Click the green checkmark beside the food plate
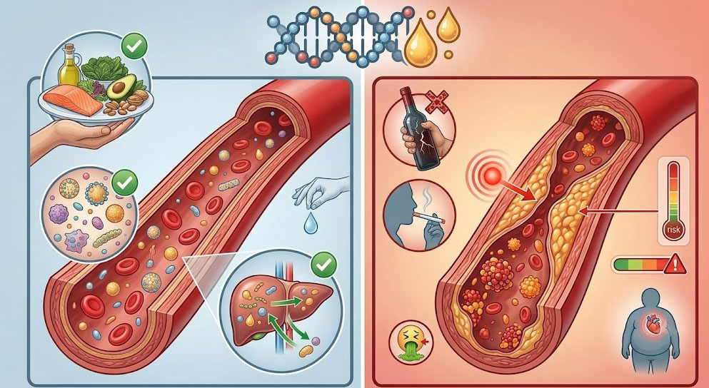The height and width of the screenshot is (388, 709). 134,46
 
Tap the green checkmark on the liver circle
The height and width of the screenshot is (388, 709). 323,265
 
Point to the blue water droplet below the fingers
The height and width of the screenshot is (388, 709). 310,223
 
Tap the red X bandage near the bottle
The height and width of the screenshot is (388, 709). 436,101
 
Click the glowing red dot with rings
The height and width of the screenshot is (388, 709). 491,175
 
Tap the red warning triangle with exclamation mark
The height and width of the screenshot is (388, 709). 675,264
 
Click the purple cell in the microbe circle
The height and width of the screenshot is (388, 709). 58,214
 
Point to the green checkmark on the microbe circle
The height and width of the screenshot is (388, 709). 124,183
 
